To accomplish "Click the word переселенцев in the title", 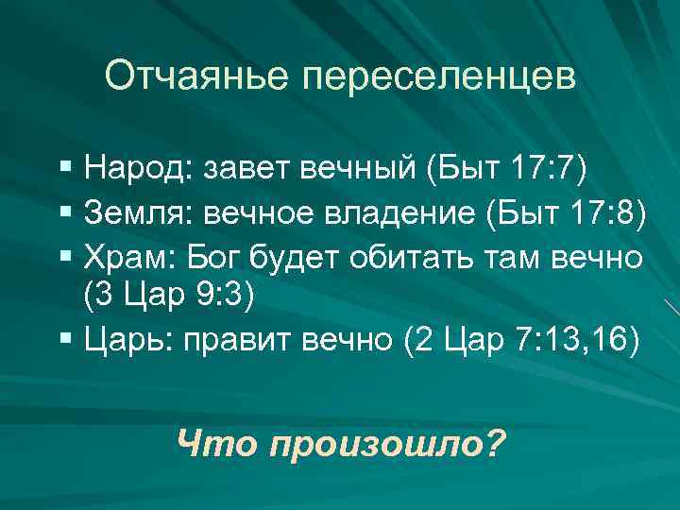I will tap(439, 76).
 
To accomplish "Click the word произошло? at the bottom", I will tap(387, 440).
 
